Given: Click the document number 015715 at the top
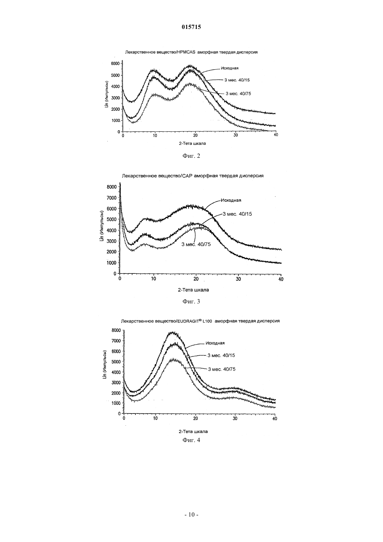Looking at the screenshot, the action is [191, 27].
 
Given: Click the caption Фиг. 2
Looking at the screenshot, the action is [191, 156].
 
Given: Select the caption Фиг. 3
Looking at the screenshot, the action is [191, 301].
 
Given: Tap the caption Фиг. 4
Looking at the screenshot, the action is [191, 440].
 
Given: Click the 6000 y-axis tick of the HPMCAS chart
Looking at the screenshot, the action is [116, 63].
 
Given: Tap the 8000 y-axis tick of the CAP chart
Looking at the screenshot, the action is [112, 187].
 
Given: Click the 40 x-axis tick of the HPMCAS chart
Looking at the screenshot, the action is [276, 135].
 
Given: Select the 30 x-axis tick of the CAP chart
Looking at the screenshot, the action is [239, 279].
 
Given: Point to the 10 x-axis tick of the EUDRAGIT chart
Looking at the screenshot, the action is [155, 419].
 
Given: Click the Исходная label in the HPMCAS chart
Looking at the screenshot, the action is [229, 68].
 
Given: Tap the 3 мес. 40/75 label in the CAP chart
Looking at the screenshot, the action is [196, 245].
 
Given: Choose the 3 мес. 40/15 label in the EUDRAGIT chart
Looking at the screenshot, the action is [221, 355].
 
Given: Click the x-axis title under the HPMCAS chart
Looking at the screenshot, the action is [192, 143].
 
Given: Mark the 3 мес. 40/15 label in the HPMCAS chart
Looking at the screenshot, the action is [237, 80].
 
